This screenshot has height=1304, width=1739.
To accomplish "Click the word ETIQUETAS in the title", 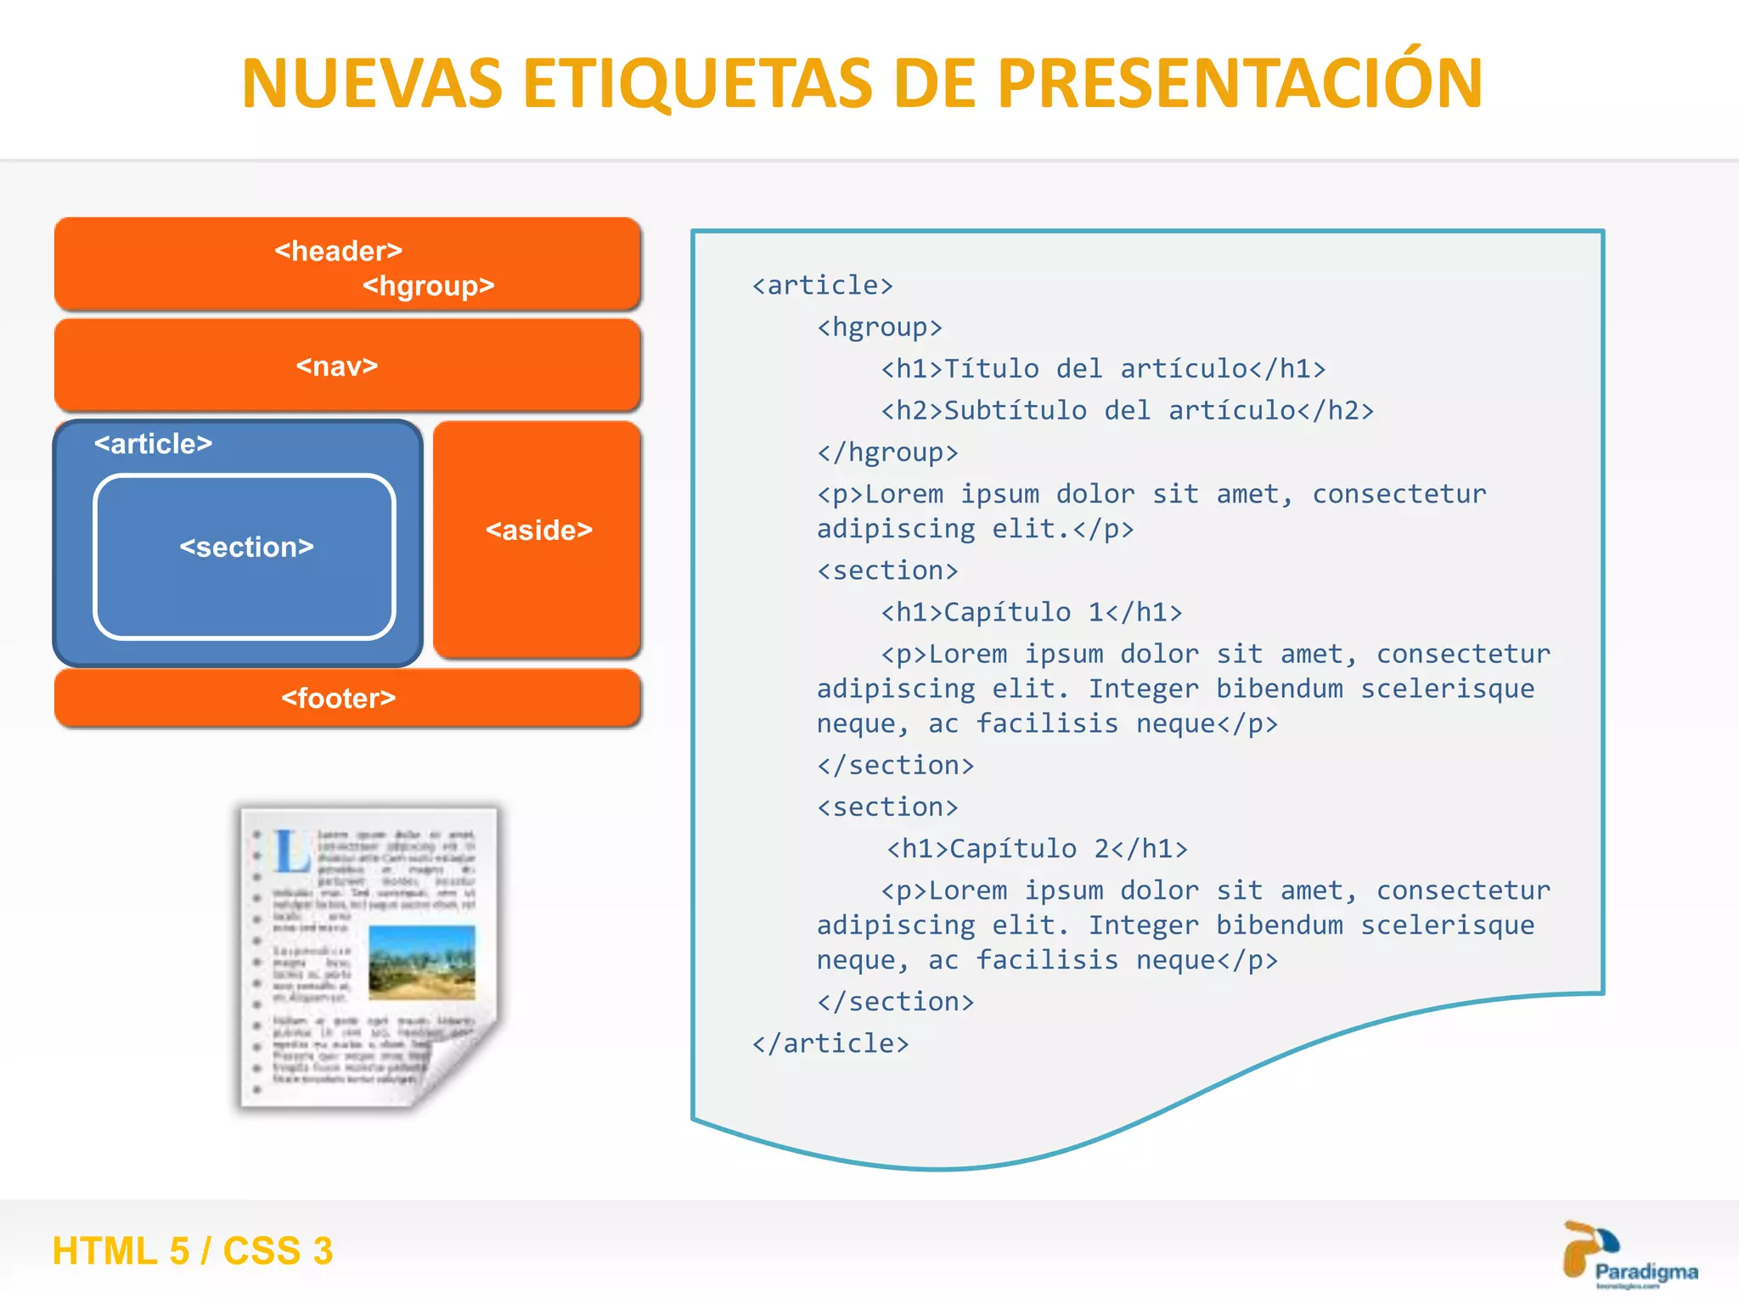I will tap(697, 84).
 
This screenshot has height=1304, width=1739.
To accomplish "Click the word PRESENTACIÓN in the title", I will tap(1240, 82).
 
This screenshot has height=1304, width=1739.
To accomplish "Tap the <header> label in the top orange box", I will tap(338, 251).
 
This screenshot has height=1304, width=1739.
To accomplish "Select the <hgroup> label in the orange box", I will tap(428, 286).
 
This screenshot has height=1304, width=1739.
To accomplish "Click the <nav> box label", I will tap(337, 367).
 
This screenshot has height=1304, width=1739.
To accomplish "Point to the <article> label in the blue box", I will tap(153, 444).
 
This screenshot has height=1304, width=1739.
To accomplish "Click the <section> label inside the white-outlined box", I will tap(246, 548).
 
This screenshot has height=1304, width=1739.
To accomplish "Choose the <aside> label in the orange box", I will tap(538, 531).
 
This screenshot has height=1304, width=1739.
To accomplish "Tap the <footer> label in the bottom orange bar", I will tap(338, 699).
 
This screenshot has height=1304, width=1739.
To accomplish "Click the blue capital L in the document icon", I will tap(291, 852).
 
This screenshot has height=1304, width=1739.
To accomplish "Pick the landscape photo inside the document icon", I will tap(422, 962).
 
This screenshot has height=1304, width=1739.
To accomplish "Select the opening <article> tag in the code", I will tap(822, 285).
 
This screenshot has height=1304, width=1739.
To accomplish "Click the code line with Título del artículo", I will tap(1102, 369).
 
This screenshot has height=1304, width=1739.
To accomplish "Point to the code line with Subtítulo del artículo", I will tap(1126, 411).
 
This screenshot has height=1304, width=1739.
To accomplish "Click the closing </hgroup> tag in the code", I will tap(887, 452).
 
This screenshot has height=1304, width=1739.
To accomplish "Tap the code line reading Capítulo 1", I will tap(1031, 612).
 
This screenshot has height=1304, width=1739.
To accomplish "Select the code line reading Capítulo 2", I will tap(1036, 849).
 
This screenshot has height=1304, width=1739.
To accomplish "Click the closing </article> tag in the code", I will tap(830, 1043).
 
